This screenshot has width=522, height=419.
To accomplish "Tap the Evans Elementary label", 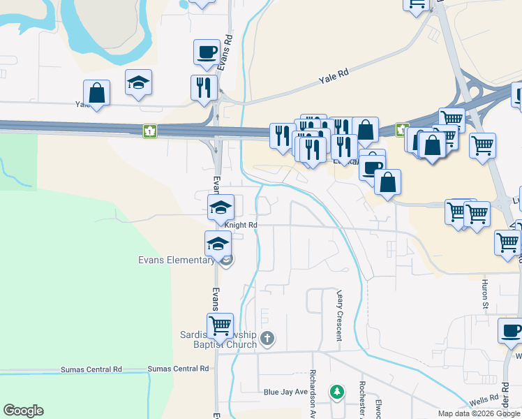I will [176, 260].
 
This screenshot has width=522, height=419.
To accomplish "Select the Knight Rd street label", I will [241, 225].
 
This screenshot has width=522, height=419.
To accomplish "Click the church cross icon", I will [267, 339].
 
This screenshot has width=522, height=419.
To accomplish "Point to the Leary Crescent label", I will [340, 316].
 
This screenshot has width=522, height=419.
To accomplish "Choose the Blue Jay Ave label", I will [285, 392].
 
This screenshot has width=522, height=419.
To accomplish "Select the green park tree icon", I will [337, 391].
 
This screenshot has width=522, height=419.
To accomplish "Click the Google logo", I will [23, 411].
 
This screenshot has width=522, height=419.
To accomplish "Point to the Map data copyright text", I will [478, 413].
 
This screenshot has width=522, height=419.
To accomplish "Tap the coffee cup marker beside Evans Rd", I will [207, 52].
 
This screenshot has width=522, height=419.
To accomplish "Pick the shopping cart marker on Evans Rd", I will [221, 324].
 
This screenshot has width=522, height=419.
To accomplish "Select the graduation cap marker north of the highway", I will [138, 82].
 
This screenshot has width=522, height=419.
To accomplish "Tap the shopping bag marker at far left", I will [96, 93].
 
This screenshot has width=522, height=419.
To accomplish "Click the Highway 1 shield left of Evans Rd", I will [149, 131].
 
